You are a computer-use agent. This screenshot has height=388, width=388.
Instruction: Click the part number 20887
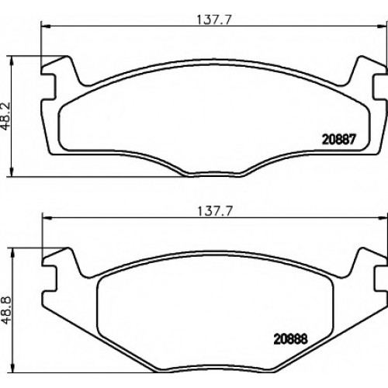click(339, 140)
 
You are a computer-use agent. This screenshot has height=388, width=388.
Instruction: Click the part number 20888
click(290, 338)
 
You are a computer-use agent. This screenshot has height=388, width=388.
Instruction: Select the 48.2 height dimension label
click(5, 116)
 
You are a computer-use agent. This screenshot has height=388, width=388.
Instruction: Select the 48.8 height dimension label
click(6, 310)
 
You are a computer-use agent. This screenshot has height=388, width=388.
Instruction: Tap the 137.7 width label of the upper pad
click(213, 20)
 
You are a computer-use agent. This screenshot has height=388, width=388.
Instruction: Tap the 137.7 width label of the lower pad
click(215, 211)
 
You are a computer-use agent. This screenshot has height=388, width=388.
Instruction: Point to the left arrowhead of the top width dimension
click(45, 26)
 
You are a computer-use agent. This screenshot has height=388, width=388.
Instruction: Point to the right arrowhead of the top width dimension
click(382, 26)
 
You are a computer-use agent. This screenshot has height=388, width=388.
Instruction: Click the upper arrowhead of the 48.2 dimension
click(11, 61)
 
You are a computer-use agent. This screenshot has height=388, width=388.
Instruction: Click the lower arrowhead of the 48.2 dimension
click(11, 172)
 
